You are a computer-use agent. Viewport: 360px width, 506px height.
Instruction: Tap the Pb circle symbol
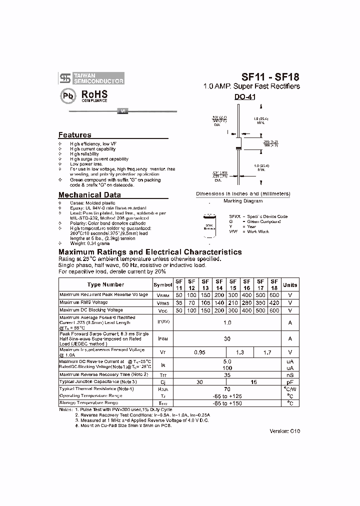(68, 96)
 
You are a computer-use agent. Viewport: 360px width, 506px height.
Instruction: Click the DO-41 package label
(245, 98)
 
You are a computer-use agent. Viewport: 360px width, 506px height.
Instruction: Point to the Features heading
(75, 135)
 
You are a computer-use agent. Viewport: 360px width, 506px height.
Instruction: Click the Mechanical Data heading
(89, 195)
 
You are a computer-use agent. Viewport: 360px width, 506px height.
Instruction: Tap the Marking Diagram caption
(242, 201)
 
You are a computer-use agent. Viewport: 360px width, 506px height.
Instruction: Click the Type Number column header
(105, 284)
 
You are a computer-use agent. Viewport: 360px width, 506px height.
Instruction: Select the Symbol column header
(163, 284)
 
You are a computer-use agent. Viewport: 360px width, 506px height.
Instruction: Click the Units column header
(290, 284)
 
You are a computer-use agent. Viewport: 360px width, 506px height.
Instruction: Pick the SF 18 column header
(274, 284)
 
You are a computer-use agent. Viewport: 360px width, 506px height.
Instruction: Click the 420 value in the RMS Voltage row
(274, 303)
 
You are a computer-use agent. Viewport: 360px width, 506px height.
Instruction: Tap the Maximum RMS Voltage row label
(83, 303)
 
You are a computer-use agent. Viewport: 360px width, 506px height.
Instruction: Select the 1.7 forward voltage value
(267, 352)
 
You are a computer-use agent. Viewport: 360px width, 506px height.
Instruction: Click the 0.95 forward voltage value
(200, 352)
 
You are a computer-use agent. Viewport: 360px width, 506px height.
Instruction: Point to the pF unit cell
(290, 381)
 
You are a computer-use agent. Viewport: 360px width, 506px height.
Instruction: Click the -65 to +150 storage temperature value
(227, 403)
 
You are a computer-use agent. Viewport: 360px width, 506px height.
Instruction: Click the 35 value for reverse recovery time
(227, 374)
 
